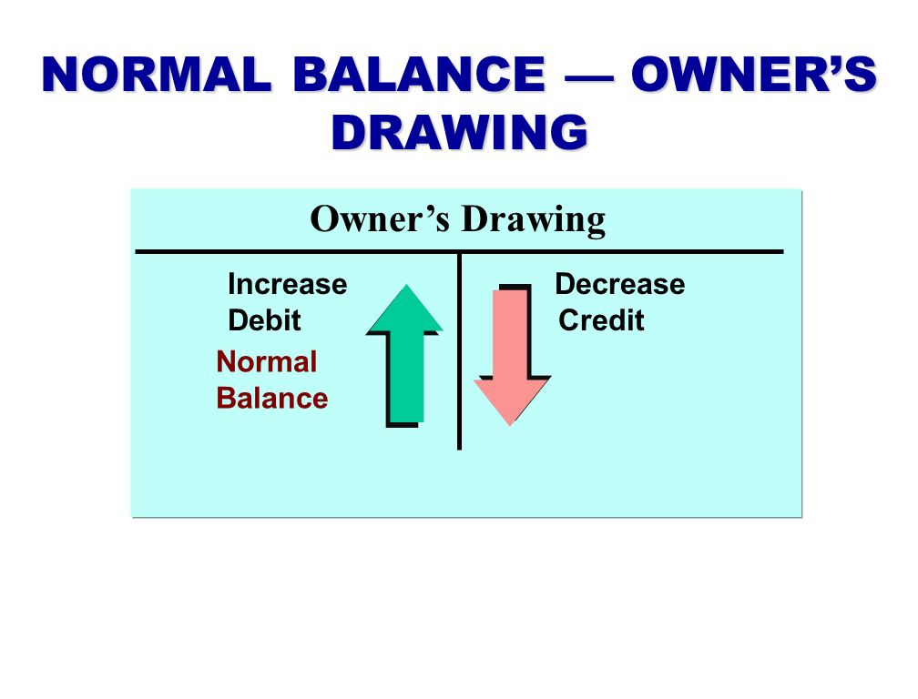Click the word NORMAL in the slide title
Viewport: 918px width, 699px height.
pyautogui.click(x=158, y=74)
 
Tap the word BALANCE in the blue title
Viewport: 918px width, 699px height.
pyautogui.click(x=419, y=74)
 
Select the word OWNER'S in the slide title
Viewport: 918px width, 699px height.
pyautogui.click(x=754, y=74)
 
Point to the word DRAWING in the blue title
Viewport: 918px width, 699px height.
pyautogui.click(x=460, y=132)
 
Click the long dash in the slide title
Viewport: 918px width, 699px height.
pyautogui.click(x=589, y=76)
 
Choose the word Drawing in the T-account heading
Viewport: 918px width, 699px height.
pyautogui.click(x=534, y=220)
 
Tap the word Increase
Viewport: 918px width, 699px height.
pyautogui.click(x=288, y=284)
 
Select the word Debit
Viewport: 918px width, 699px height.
pyautogui.click(x=265, y=320)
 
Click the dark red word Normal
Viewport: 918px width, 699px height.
pyautogui.click(x=266, y=361)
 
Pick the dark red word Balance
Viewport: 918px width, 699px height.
pyautogui.click(x=272, y=399)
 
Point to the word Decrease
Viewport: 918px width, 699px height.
pyautogui.click(x=620, y=284)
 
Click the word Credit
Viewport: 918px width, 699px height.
pyautogui.click(x=601, y=320)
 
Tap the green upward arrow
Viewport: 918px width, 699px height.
pyautogui.click(x=404, y=355)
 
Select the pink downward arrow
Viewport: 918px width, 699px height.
pyautogui.click(x=512, y=355)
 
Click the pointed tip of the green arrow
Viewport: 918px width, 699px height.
pyautogui.click(x=406, y=285)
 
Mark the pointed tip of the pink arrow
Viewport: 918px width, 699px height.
pyautogui.click(x=511, y=425)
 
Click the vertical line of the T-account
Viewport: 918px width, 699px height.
pyautogui.click(x=460, y=351)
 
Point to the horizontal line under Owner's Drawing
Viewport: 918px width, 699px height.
pyautogui.click(x=460, y=252)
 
